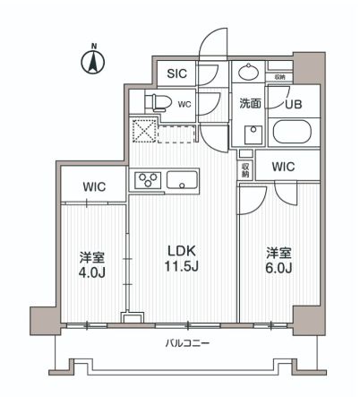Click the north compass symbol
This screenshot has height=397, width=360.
(x=90, y=61)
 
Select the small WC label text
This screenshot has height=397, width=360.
(x=184, y=104)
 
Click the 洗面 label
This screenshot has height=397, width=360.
(x=251, y=104)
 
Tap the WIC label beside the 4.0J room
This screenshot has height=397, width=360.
(x=95, y=187)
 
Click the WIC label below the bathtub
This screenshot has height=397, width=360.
(x=284, y=167)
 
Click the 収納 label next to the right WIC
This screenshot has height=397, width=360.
(x=244, y=167)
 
